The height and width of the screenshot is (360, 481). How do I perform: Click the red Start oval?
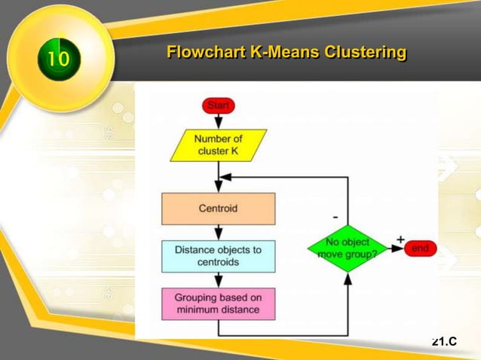click(218, 105)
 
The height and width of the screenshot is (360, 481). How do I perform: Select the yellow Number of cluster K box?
click(219, 145)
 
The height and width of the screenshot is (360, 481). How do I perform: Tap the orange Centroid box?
click(218, 208)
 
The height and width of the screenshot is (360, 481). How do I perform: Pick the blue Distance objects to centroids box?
click(218, 256)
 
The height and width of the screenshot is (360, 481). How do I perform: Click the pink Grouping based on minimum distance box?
click(218, 304)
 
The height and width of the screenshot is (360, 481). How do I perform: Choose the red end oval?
click(420, 249)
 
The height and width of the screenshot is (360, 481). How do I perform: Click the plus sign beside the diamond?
click(400, 239)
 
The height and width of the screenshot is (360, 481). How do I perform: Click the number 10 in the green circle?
click(57, 58)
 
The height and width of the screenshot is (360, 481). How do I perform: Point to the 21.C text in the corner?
click(444, 342)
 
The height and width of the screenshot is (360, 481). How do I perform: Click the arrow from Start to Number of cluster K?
click(219, 121)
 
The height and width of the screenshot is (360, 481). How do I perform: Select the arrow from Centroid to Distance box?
click(219, 233)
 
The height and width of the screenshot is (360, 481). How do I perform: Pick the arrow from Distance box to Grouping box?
click(219, 279)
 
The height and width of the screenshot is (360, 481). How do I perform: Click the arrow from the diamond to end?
click(396, 249)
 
